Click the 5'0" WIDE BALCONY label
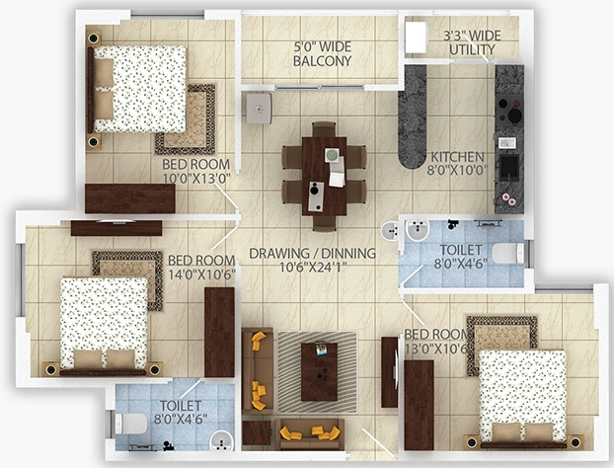pos(322,54)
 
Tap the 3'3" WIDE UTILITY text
pos(472,42)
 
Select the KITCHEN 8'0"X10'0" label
pos(457,163)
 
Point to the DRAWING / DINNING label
pos(313,254)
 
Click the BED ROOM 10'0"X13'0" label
pos(196,171)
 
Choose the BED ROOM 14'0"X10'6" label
pos(201,268)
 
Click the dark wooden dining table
pos(324,176)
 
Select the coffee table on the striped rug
pos(319,371)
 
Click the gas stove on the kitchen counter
pos(509,111)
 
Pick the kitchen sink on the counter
pos(509,168)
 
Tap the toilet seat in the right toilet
pos(507,253)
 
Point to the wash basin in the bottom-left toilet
pos(222,440)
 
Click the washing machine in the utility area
pos(416,38)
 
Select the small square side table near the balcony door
pos(259,108)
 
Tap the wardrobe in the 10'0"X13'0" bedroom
pos(130,198)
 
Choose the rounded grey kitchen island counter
pos(413,117)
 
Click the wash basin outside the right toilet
pos(389,231)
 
